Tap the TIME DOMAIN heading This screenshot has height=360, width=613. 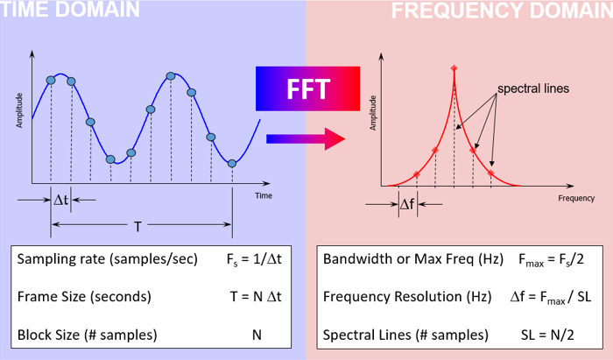70,11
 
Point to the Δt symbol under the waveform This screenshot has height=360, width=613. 60,200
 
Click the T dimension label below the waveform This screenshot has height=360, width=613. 138,227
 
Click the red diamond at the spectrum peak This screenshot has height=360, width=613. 454,68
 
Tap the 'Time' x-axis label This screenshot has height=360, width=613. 264,196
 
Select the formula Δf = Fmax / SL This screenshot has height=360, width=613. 551,297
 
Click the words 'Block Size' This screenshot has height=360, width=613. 47,335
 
